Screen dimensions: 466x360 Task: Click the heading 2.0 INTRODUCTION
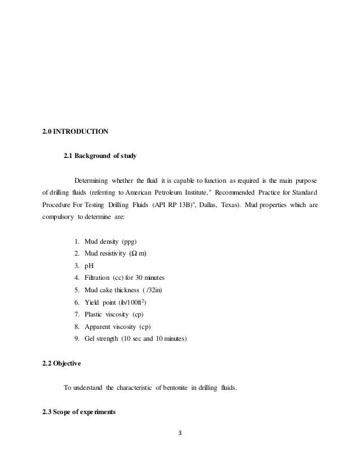click(76, 132)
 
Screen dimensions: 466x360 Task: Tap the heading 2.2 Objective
click(62, 364)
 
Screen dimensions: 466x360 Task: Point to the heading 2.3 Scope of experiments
click(79, 411)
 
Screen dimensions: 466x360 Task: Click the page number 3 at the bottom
click(180, 434)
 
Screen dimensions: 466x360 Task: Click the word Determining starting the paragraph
click(91, 179)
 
